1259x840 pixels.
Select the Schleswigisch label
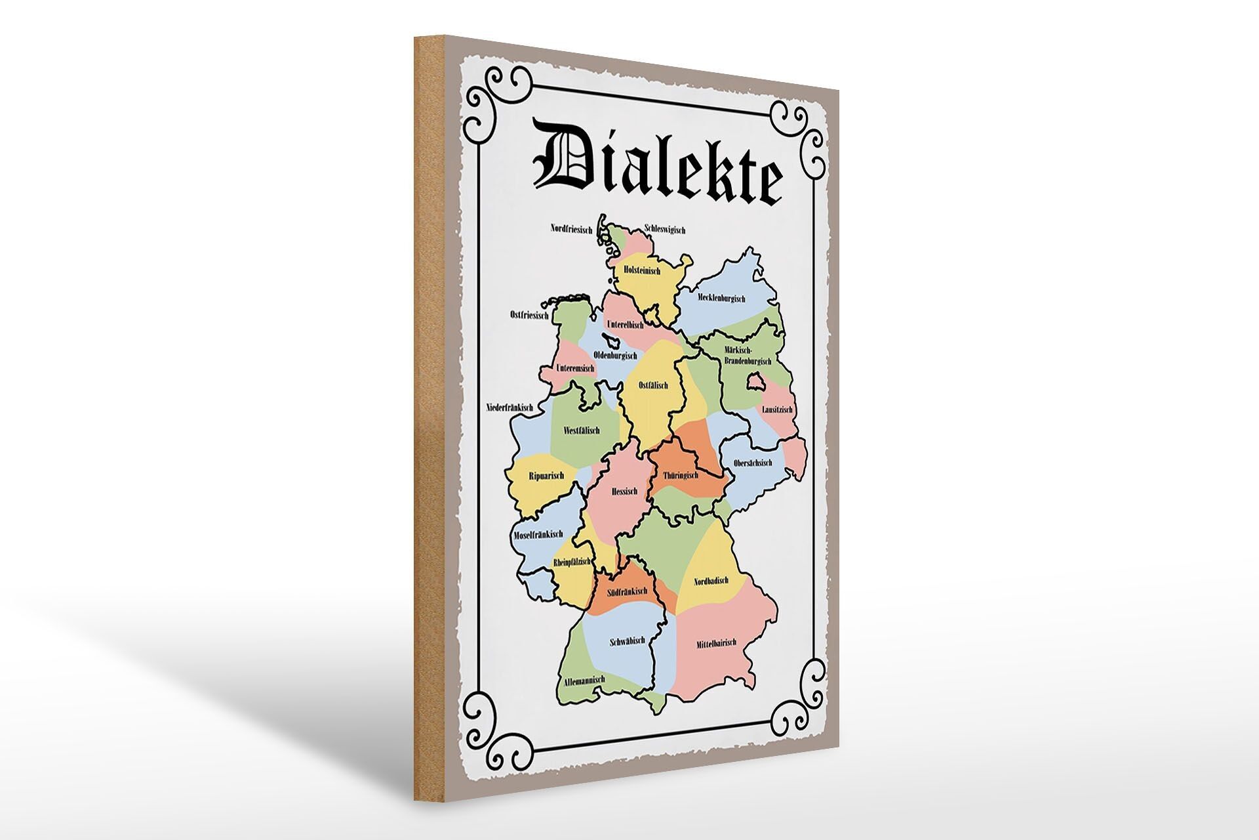[x=665, y=230]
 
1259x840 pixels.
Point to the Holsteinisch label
[x=641, y=270]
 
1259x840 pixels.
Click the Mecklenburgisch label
[x=721, y=299]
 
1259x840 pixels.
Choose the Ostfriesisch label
[x=529, y=315]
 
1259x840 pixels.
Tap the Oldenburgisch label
[x=614, y=355]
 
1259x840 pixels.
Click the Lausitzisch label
[x=777, y=409]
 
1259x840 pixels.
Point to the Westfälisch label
[x=582, y=431]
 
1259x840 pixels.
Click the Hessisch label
[x=624, y=491]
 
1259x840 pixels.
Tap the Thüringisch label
[x=680, y=474]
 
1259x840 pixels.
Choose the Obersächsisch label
[x=753, y=463]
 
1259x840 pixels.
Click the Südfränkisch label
[x=627, y=591]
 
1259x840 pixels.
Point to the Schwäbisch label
[x=628, y=640]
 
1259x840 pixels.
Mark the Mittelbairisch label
[x=717, y=644]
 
